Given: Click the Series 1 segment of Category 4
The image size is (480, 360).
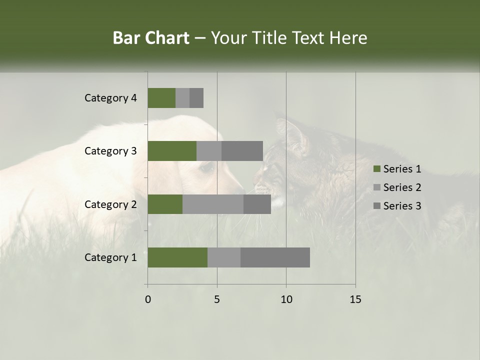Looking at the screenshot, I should click(x=161, y=98).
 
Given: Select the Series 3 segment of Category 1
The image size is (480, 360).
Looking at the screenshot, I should click(x=275, y=257).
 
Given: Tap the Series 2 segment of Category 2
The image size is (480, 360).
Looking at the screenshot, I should click(x=213, y=204).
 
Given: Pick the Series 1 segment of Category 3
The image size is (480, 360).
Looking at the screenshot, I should click(x=172, y=151).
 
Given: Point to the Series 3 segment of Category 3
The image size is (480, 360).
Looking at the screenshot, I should click(x=242, y=151).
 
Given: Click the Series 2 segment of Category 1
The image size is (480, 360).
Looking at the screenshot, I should click(x=224, y=257).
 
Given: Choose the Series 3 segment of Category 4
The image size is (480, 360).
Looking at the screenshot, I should click(x=196, y=98).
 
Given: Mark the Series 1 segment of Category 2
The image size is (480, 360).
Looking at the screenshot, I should click(x=165, y=204).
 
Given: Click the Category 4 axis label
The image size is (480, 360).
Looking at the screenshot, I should click(x=110, y=98).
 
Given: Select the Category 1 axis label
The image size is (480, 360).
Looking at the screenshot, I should click(x=110, y=257).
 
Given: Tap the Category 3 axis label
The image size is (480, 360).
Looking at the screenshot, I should click(x=110, y=151).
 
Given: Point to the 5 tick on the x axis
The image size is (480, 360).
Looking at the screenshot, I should click(x=217, y=299).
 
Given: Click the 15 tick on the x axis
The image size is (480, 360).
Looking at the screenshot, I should click(x=355, y=299).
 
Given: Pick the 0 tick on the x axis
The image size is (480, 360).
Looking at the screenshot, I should click(x=148, y=299).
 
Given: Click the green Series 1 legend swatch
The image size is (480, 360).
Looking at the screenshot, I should click(x=376, y=169).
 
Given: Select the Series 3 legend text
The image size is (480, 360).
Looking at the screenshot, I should click(x=402, y=206).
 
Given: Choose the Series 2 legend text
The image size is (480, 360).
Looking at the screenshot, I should click(x=402, y=187).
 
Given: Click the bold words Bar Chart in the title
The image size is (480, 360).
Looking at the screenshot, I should click(x=151, y=38).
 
